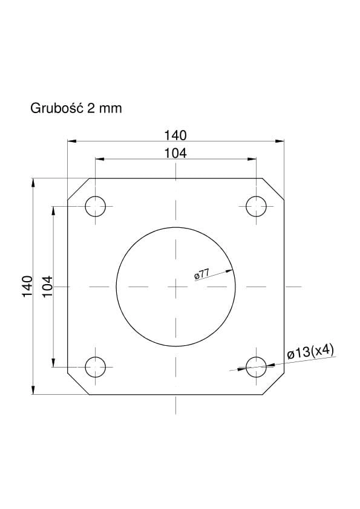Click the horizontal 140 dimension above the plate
click(175, 135)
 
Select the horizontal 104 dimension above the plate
click(175, 153)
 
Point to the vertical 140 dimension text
click(28, 286)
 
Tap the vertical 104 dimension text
click(47, 286)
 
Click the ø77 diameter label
click(201, 274)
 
